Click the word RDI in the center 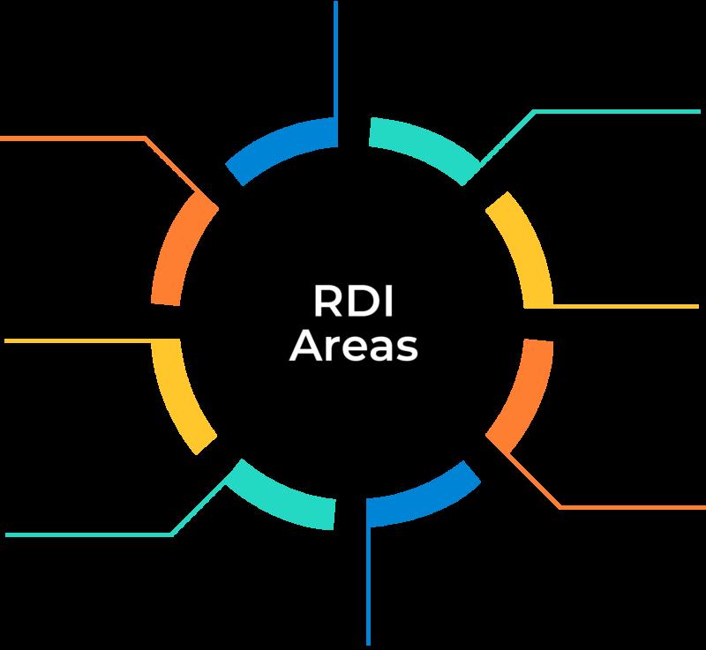[x=352, y=303]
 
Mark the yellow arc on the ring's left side [x=183, y=389]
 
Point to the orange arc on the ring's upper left [x=182, y=250]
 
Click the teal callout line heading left [x=88, y=534]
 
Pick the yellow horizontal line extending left [x=79, y=340]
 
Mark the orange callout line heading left [x=71, y=138]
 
